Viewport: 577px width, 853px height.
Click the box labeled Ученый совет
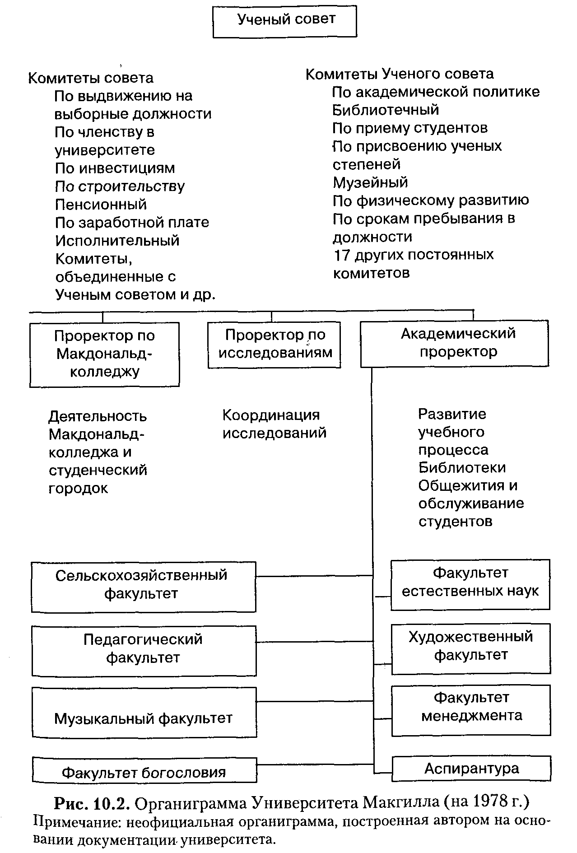click(x=284, y=21)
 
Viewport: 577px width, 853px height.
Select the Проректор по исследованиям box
click(x=274, y=345)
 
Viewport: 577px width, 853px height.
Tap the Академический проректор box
click(x=454, y=344)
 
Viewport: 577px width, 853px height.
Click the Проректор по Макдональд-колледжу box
click(x=104, y=354)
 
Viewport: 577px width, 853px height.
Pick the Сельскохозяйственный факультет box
click(x=143, y=587)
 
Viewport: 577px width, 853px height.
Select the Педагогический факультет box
click(x=144, y=650)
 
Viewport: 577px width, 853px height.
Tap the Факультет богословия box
click(x=144, y=772)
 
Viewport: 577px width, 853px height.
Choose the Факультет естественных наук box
click(x=470, y=584)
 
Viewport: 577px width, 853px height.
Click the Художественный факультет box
click(x=470, y=648)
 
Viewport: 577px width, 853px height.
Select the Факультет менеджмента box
click(x=471, y=710)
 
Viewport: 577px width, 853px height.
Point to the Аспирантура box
click(x=471, y=769)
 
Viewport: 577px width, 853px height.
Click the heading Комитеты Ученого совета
click(x=400, y=74)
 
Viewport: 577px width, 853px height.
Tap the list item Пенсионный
click(x=101, y=205)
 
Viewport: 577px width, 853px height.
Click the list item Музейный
click(x=370, y=182)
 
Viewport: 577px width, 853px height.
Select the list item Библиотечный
click(x=386, y=110)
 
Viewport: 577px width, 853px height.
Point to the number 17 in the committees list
click(x=342, y=255)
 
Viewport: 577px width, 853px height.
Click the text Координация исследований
click(x=274, y=424)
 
